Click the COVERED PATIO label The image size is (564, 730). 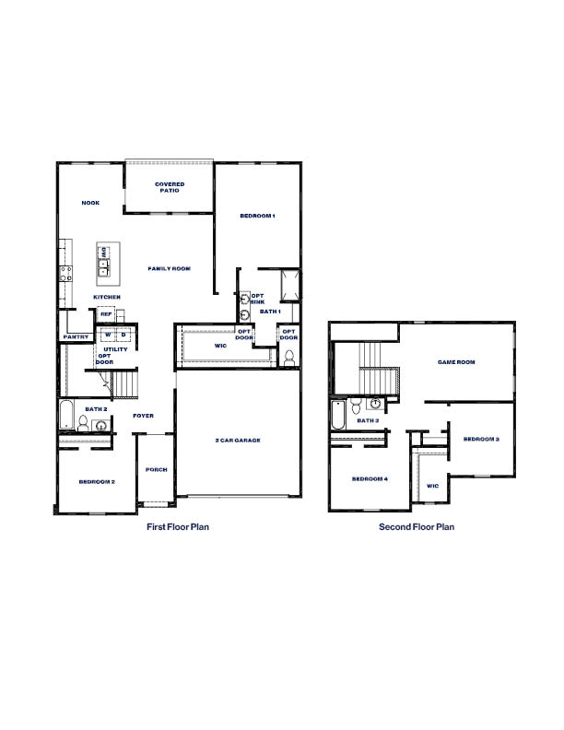click(x=170, y=187)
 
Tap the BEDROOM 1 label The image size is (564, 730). click(x=257, y=216)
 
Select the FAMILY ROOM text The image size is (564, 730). click(x=170, y=268)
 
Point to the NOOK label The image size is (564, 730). click(x=90, y=203)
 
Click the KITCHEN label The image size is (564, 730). click(x=106, y=297)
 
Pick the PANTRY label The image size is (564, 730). click(x=76, y=337)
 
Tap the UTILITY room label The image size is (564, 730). click(x=115, y=350)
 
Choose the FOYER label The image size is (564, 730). click(x=143, y=416)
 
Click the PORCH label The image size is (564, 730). click(x=157, y=469)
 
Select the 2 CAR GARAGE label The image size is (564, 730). click(x=238, y=441)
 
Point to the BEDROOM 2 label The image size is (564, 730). click(x=96, y=481)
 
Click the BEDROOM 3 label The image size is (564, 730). click(x=481, y=439)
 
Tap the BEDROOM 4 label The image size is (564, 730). click(x=370, y=478)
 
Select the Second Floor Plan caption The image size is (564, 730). click(x=417, y=527)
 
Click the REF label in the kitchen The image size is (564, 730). click(x=106, y=314)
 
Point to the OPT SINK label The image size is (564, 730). click(x=258, y=299)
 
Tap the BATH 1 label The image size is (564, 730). click(x=269, y=312)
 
